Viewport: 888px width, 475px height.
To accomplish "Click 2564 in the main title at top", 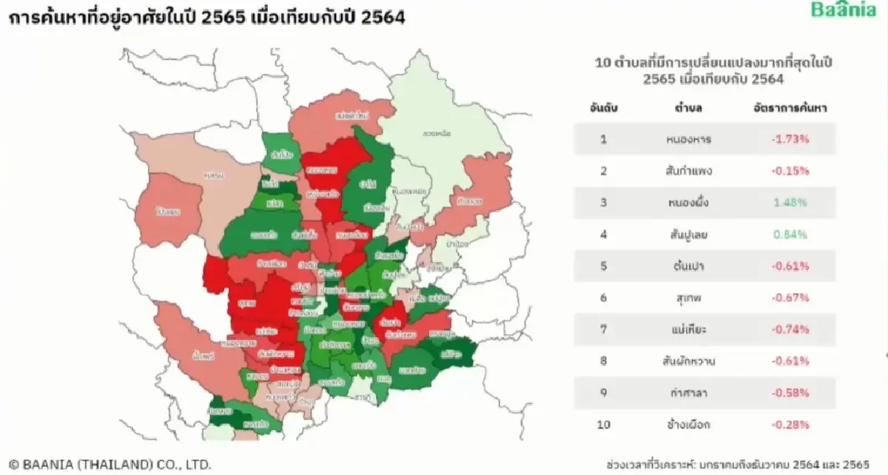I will pos(383,18).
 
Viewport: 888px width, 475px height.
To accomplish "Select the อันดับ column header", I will pos(603,108).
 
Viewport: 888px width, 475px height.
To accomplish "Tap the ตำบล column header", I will pos(688,108).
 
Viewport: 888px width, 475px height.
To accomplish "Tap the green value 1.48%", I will pos(791,203).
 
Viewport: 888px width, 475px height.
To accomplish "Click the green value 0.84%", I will pos(791,235).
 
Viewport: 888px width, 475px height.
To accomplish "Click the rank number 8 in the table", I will pos(603,361).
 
